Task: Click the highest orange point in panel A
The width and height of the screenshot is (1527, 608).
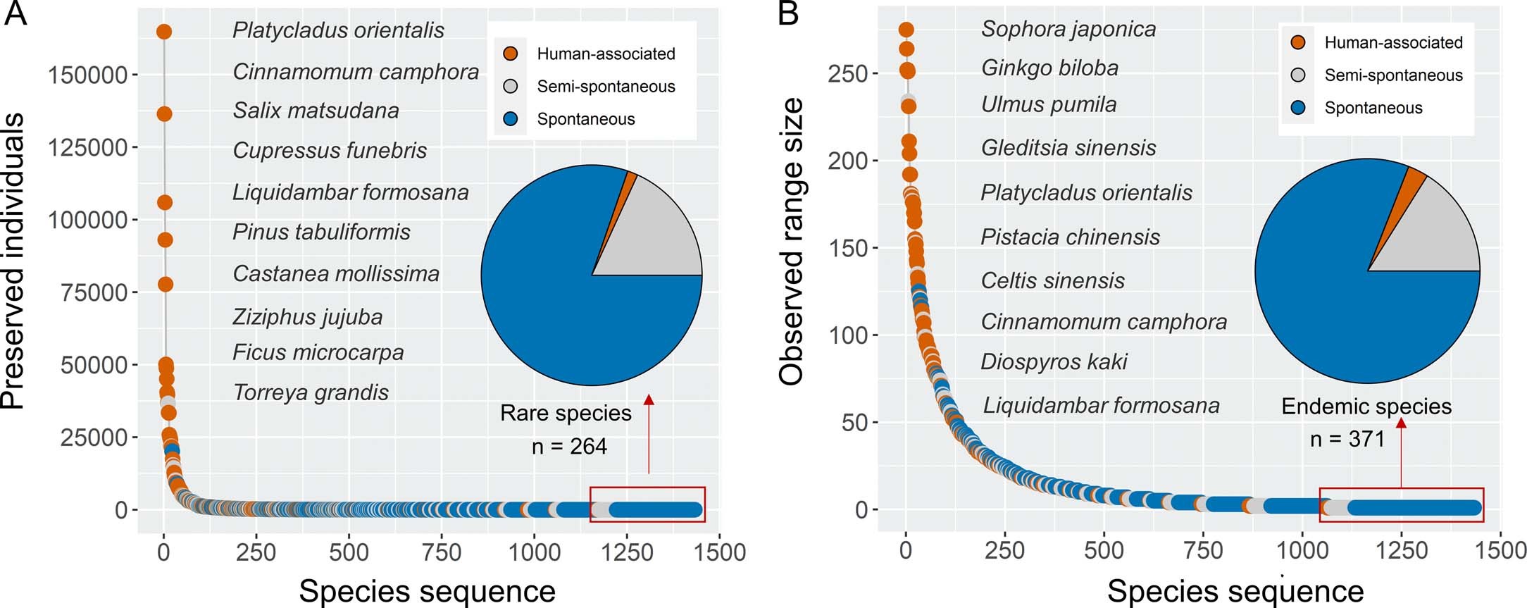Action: pos(163,32)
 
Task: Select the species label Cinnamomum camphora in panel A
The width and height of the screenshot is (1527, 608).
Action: pos(355,71)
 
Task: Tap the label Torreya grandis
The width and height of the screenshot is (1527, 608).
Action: pos(311,392)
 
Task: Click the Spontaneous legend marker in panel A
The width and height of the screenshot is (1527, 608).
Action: pos(511,119)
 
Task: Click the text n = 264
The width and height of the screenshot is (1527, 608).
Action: pos(568,446)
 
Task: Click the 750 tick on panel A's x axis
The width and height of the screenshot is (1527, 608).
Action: pos(441,552)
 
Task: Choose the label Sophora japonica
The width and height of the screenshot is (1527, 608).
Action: pos(1068,29)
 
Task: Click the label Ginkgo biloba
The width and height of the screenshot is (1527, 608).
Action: pos(1049,68)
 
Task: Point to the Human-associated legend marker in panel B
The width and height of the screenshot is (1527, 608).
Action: pos(1298,42)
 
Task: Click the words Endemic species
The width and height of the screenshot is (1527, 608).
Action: pos(1366,407)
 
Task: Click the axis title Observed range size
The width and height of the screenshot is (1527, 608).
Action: pos(792,242)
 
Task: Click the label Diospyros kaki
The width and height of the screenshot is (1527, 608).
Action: pos(1053,361)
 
